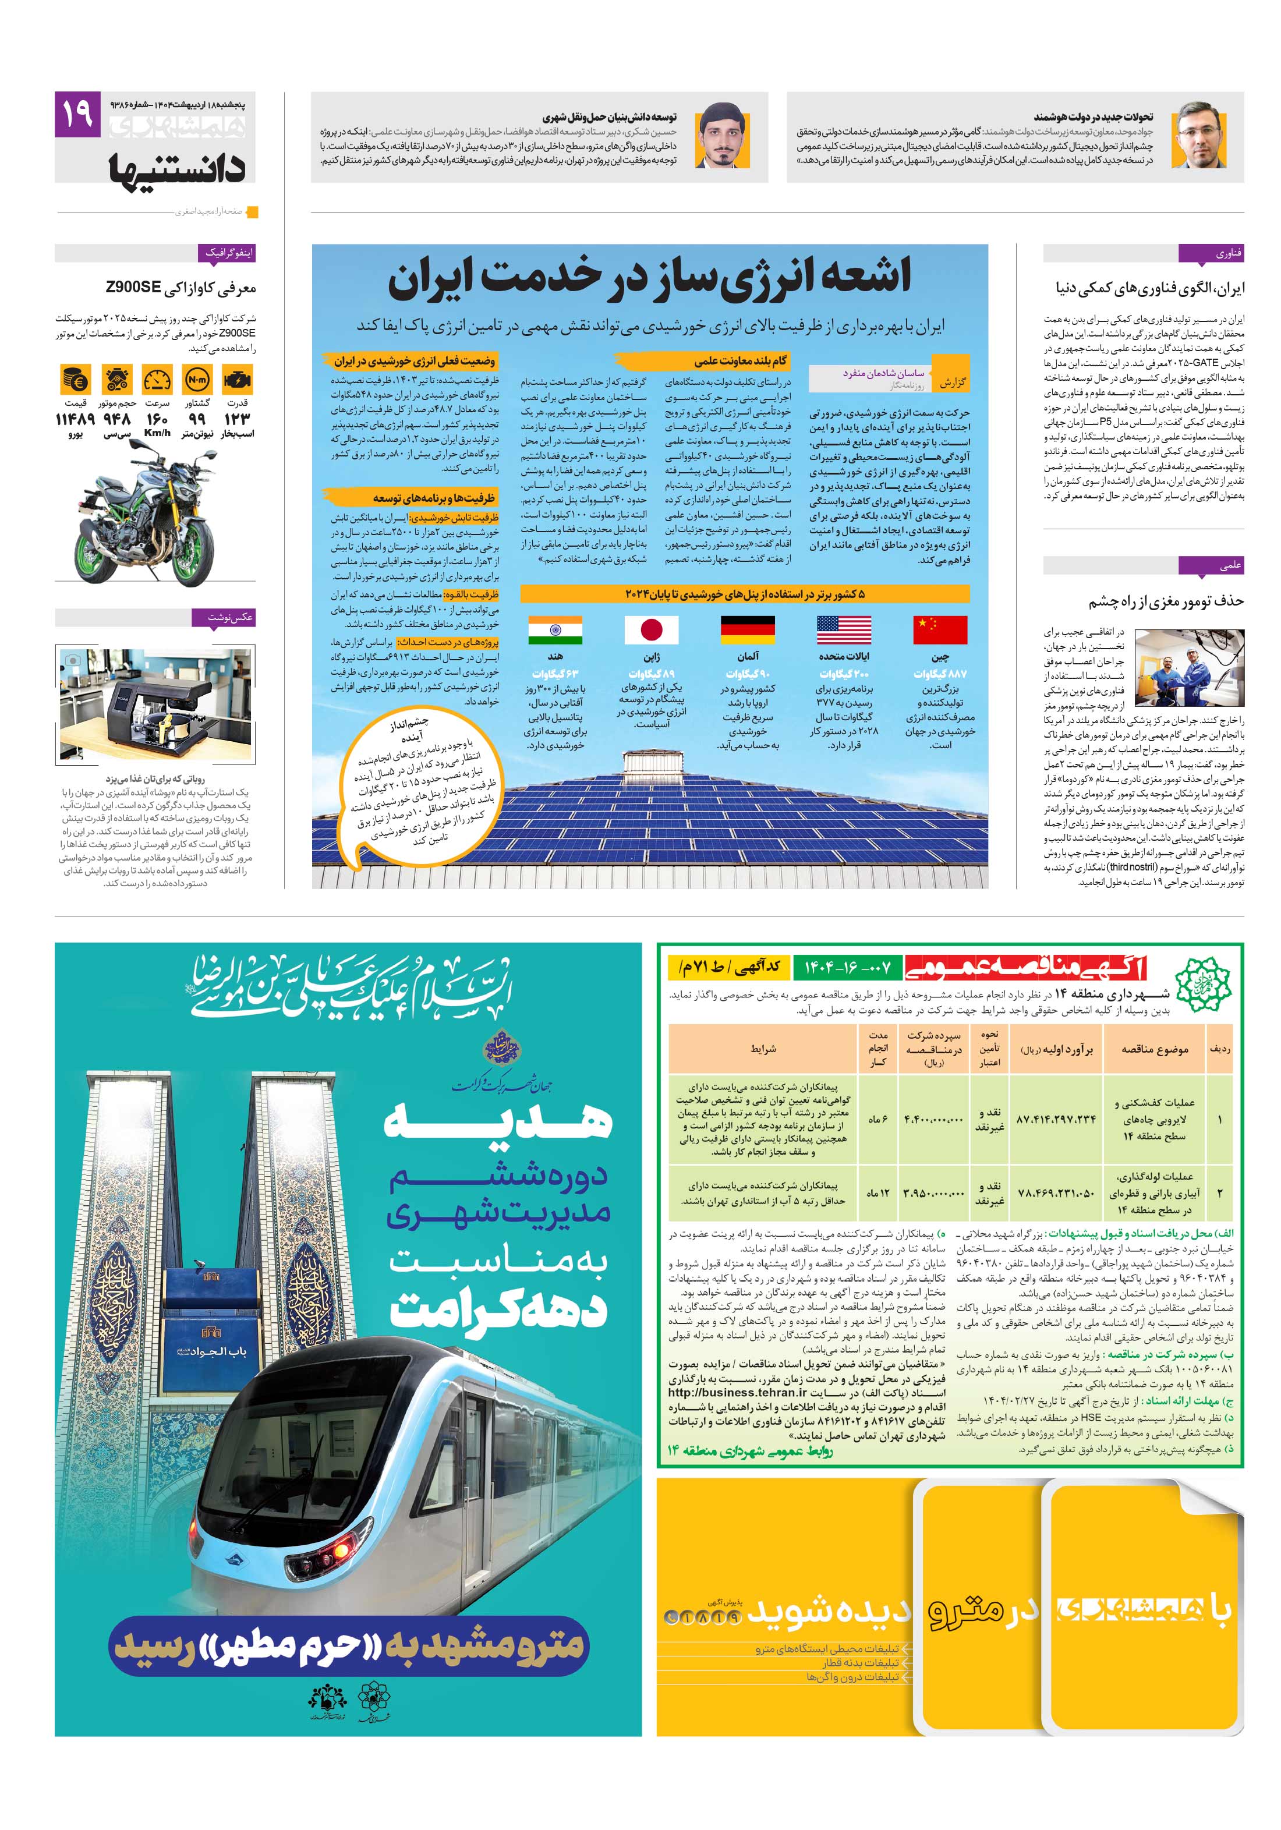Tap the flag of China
[940, 629]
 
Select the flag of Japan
[651, 629]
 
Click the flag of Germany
[747, 629]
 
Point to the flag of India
[555, 629]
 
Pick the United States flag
[843, 629]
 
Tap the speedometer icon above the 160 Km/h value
[157, 380]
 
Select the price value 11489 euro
[75, 419]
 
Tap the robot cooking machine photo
[155, 703]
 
